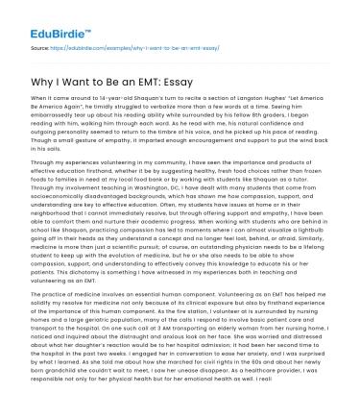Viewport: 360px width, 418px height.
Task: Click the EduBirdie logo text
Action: pyautogui.click(x=48, y=20)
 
